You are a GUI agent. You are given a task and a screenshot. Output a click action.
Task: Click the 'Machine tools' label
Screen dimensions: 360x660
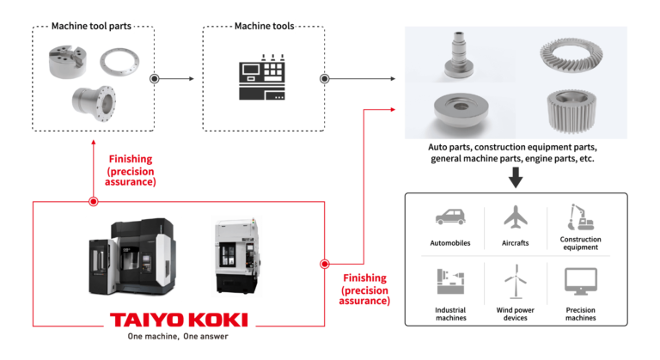click(x=264, y=26)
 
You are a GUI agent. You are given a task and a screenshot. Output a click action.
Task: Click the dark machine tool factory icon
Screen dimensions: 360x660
click(x=261, y=79)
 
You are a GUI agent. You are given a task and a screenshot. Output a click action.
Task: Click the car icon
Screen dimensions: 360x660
click(x=453, y=218)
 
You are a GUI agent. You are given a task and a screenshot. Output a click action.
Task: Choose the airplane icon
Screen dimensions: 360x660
click(x=514, y=218)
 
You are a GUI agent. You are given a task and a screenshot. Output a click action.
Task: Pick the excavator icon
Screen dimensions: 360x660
click(x=577, y=217)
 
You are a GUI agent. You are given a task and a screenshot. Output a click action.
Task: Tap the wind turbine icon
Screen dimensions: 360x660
click(x=514, y=284)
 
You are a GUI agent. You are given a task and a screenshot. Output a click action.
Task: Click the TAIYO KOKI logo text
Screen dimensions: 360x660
click(x=179, y=320)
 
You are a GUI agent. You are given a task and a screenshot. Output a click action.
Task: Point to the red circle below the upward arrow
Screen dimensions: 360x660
click(x=94, y=202)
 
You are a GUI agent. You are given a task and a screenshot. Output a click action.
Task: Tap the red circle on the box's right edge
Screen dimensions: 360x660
click(x=325, y=264)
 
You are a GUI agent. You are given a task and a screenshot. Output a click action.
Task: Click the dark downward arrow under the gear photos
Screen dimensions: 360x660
click(x=515, y=179)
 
